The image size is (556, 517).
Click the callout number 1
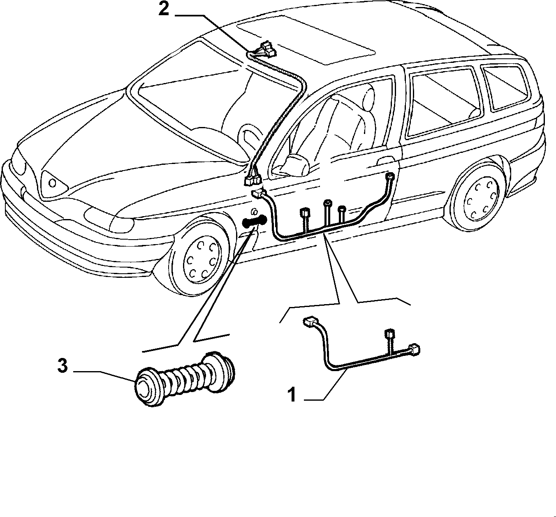(292, 395)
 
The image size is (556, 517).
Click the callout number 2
(164, 9)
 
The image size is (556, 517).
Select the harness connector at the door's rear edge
(390, 177)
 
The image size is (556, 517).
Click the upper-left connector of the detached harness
(310, 321)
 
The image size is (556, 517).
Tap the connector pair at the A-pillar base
(253, 180)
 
